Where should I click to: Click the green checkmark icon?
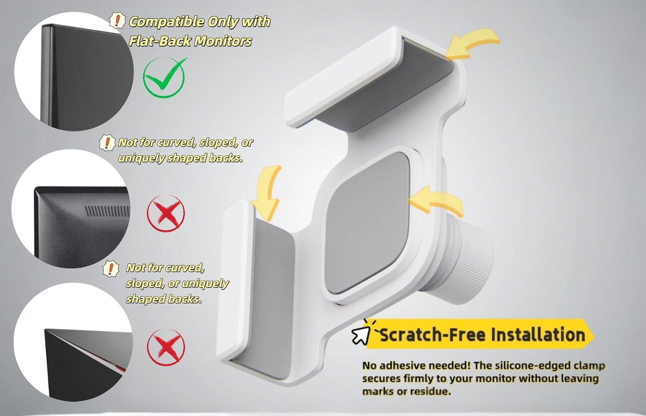pos(164,77)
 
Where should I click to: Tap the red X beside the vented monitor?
pos(166,213)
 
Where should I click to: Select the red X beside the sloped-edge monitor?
pos(166,347)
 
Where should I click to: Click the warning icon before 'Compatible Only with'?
pos(118,21)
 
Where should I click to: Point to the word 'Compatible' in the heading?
pos(166,22)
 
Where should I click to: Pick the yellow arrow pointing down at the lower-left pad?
pos(267,193)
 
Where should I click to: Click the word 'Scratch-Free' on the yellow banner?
pos(433,335)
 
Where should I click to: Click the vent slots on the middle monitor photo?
pos(107,211)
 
